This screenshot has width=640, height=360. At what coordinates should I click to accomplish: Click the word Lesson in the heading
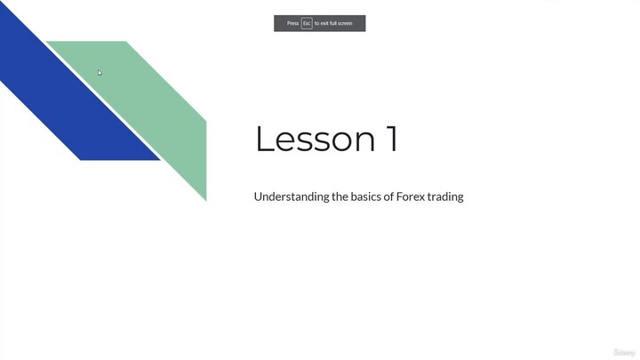tap(316, 140)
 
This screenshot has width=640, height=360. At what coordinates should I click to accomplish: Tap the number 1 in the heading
tap(391, 140)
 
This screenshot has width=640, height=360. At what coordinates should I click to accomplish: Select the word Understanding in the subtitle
tap(292, 196)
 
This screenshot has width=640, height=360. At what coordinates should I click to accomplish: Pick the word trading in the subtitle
tap(445, 196)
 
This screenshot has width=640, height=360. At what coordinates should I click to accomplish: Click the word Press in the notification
tap(292, 23)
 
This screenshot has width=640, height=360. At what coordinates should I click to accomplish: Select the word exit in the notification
tap(324, 23)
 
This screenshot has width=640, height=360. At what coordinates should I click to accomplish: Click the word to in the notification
tap(316, 23)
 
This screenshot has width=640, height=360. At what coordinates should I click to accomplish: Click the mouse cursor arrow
tap(100, 73)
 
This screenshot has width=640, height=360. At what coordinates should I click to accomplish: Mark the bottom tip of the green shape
tap(205, 199)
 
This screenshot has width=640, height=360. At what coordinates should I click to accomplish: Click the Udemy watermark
tap(624, 353)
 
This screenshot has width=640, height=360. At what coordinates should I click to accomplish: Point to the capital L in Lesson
tap(264, 140)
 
